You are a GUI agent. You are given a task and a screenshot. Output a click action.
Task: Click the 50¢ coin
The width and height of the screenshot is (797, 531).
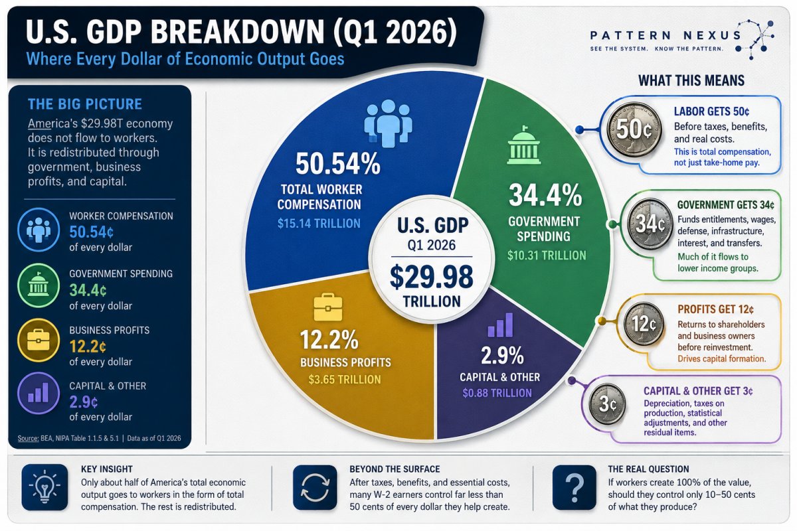(634, 130)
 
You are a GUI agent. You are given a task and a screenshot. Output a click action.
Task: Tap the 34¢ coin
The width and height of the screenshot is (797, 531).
(650, 224)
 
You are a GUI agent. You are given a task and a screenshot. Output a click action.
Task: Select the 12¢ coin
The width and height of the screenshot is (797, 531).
(644, 324)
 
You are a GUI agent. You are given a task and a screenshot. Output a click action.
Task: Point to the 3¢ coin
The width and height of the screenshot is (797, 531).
(607, 404)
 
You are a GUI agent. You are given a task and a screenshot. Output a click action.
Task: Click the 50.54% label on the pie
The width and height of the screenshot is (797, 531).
(337, 164)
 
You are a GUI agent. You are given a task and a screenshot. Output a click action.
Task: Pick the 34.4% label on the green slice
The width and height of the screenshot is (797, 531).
(545, 195)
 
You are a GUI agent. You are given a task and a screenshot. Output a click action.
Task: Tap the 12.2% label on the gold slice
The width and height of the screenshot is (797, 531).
(329, 340)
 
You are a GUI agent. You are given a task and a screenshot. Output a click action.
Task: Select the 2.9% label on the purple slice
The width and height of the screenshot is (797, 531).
(502, 355)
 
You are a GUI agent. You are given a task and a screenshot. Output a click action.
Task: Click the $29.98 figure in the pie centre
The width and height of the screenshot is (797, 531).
(431, 277)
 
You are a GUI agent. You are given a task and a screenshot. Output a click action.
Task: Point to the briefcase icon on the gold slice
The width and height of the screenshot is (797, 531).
(328, 307)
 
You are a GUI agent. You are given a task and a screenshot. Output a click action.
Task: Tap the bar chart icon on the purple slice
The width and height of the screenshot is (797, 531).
(500, 325)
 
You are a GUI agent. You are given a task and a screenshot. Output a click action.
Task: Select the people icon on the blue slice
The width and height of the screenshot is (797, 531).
(388, 123)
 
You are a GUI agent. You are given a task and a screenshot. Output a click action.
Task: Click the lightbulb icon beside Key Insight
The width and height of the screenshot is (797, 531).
(44, 487)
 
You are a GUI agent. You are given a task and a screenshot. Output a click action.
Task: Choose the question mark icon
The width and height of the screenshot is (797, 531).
(575, 487)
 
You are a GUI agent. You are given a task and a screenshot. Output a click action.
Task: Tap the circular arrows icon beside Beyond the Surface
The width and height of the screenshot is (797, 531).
(315, 487)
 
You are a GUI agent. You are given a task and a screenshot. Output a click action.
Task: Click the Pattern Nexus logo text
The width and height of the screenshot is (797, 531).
(665, 35)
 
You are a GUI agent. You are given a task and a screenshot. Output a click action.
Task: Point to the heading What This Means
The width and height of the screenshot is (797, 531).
(691, 81)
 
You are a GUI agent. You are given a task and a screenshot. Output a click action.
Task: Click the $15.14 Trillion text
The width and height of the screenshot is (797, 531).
(319, 224)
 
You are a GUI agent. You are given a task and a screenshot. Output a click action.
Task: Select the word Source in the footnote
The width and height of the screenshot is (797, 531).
(28, 438)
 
